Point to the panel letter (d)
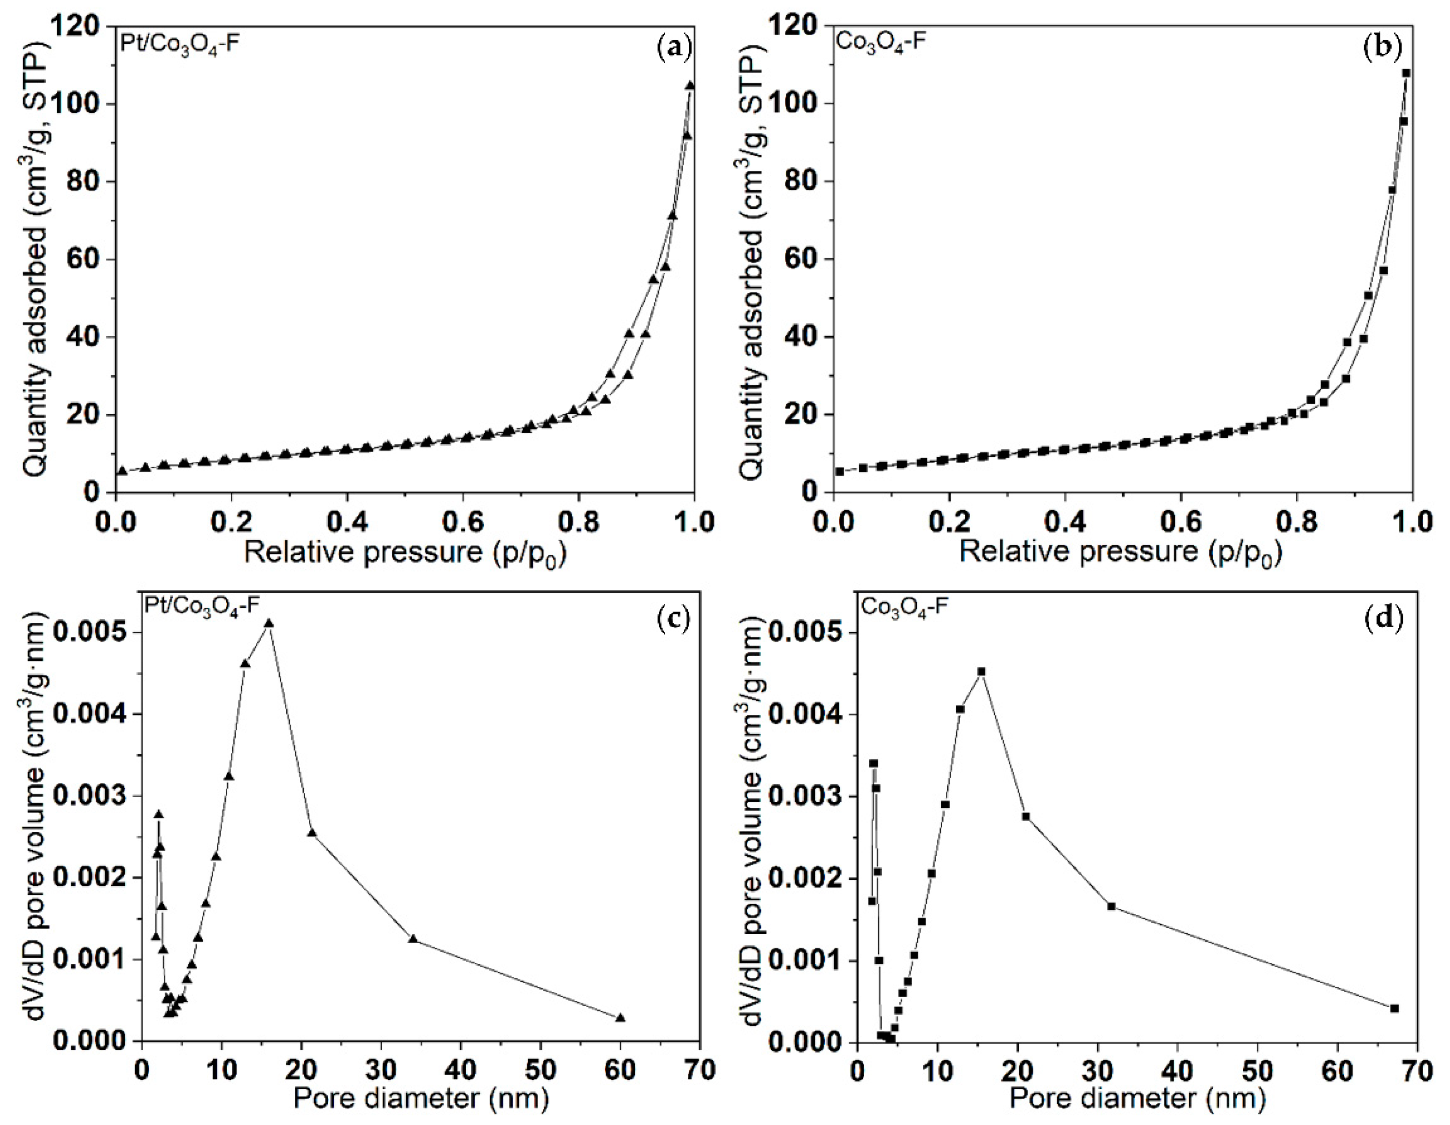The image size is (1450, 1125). (1384, 618)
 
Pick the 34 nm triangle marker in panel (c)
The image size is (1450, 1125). (413, 939)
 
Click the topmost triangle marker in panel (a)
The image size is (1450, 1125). (690, 85)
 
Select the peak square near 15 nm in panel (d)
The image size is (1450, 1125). (982, 671)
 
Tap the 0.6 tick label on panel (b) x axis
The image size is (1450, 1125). (1181, 522)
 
